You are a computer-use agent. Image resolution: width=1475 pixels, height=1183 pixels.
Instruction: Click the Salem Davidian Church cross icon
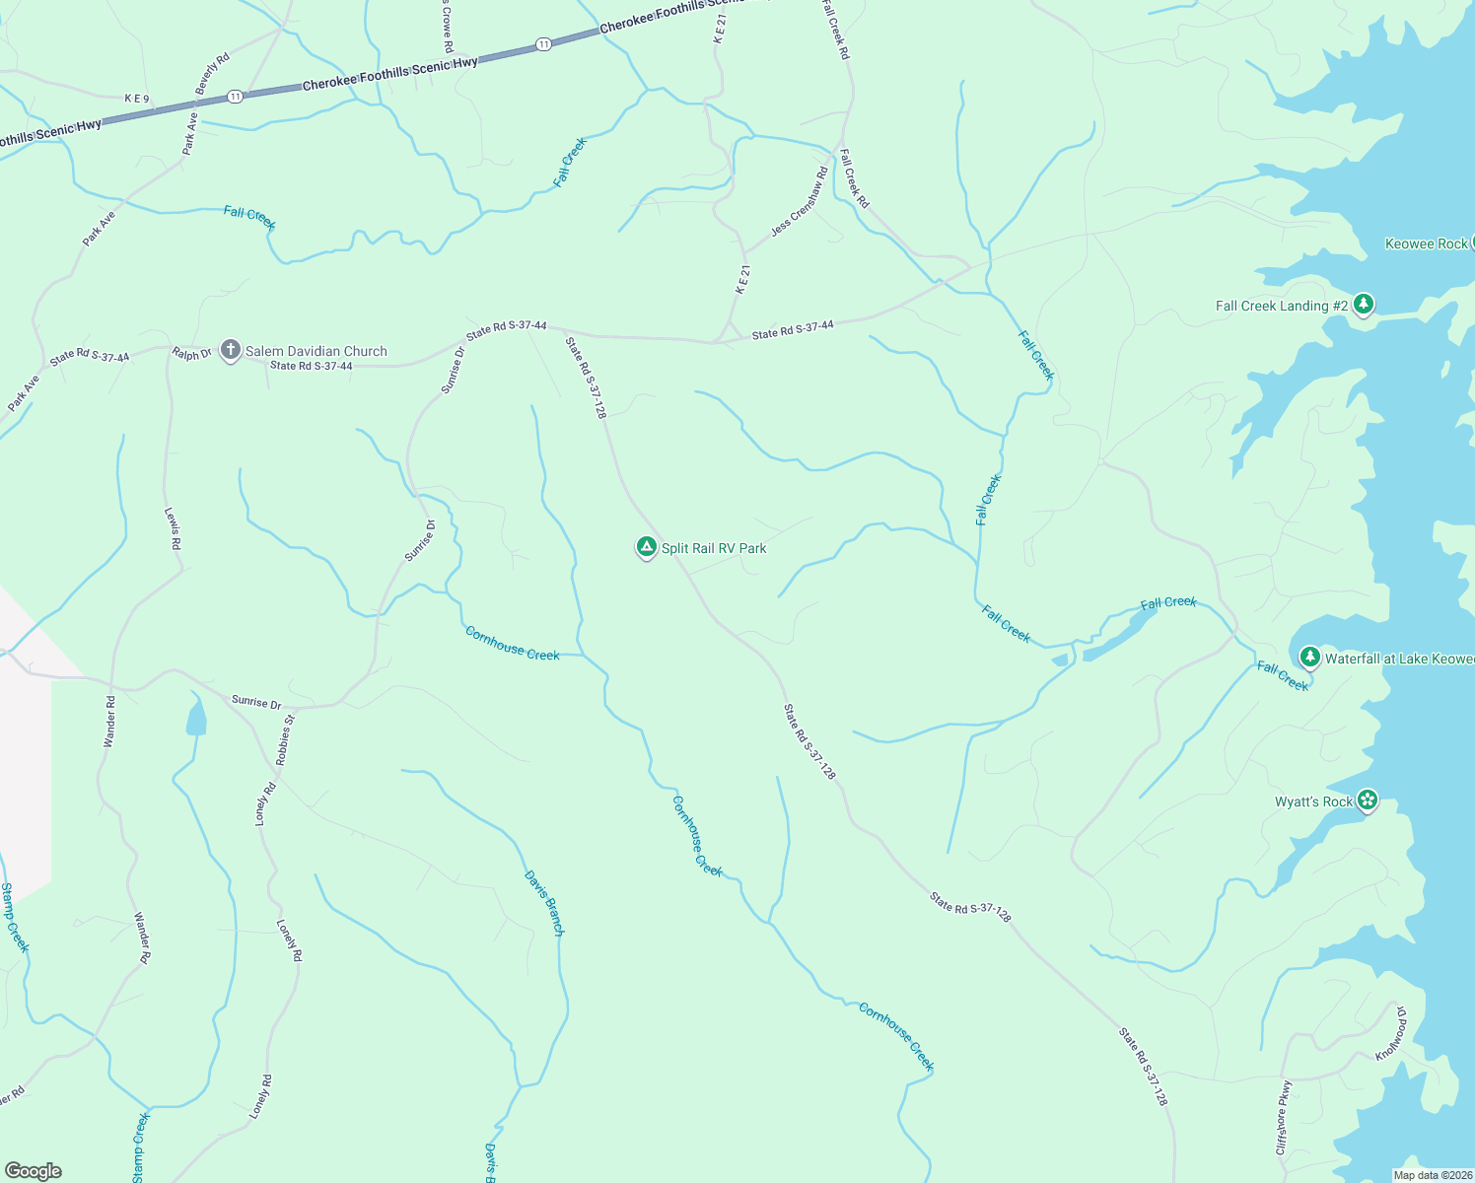point(231,350)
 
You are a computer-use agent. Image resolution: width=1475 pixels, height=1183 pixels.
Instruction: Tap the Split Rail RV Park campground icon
point(646,547)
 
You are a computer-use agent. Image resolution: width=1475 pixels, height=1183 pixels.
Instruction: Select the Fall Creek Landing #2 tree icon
point(1364,305)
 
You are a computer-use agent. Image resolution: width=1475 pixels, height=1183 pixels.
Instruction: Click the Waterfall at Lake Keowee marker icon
point(1309,657)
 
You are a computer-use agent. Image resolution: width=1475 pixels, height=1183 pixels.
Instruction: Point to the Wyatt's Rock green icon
point(1367,800)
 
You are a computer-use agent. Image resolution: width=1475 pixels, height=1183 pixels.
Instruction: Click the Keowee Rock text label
point(1426,244)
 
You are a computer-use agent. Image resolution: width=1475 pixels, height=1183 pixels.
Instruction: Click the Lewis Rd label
point(174,528)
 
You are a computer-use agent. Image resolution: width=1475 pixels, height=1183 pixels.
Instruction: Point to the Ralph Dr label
point(192,353)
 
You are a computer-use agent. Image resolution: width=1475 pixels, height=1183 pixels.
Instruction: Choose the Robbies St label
point(285,740)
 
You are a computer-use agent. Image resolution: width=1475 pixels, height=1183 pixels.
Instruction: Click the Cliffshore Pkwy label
point(1283,1118)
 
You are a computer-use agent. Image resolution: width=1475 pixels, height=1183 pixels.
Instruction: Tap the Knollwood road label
point(1391,1034)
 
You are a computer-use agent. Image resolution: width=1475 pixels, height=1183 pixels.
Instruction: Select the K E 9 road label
point(137,99)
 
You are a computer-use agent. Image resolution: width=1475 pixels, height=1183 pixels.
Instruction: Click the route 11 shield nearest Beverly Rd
point(234,96)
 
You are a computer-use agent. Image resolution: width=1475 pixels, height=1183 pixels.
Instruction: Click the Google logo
point(34,1171)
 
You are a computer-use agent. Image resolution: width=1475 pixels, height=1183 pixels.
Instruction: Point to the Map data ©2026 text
point(1432,1175)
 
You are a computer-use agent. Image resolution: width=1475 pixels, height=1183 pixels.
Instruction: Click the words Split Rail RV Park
point(714,548)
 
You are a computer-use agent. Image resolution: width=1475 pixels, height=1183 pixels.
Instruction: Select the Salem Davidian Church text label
point(316,351)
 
